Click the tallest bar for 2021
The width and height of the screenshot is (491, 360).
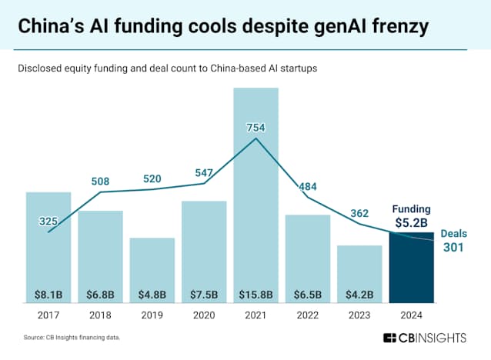[x=256, y=192]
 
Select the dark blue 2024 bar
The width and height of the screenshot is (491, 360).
[x=412, y=265]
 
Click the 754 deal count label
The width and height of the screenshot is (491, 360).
[x=256, y=127]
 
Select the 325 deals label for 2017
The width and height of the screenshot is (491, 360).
[x=48, y=222]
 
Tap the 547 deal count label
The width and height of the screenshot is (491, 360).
[x=204, y=174]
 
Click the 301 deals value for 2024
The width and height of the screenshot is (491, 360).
[x=453, y=247]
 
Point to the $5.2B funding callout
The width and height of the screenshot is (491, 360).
[x=412, y=222]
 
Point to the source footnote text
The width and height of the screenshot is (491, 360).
[x=71, y=338]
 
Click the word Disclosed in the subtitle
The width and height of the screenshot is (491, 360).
[x=45, y=68]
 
